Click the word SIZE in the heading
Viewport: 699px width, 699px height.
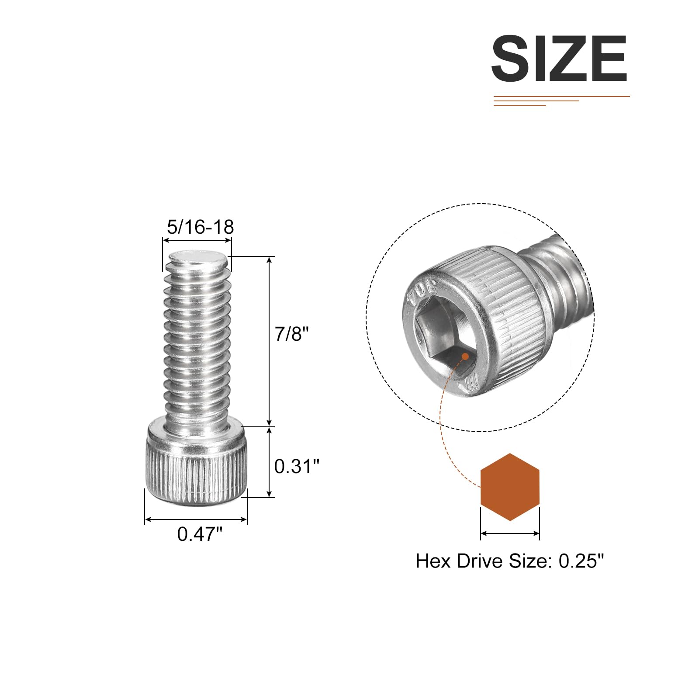(x=559, y=59)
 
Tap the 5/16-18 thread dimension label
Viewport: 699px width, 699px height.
(x=201, y=227)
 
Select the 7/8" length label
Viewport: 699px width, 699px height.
(x=292, y=334)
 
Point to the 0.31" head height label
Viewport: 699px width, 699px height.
(x=297, y=467)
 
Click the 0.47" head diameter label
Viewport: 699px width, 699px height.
(x=200, y=534)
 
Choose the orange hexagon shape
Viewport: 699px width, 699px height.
(x=510, y=487)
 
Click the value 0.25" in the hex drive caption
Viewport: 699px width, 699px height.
(x=581, y=561)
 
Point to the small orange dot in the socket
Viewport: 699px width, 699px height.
(x=465, y=357)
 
